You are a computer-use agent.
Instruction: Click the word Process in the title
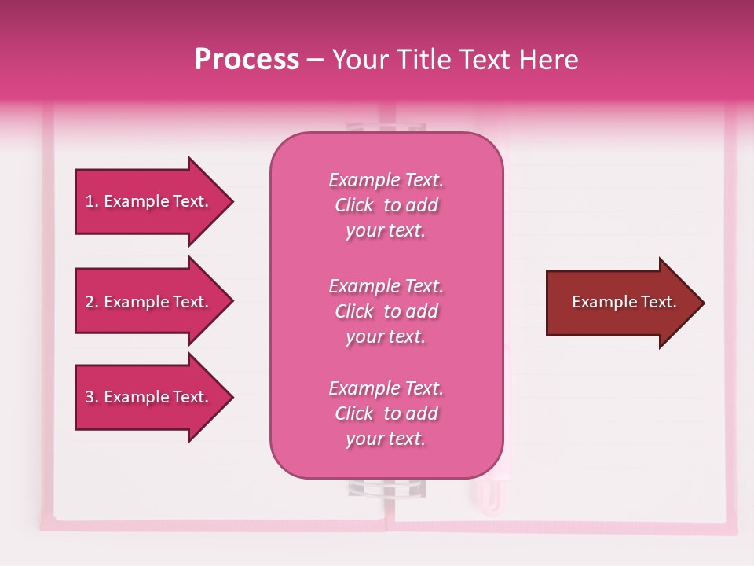247,60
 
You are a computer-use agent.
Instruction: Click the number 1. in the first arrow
92,201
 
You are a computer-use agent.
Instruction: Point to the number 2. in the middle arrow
92,302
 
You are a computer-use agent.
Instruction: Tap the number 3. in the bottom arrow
92,397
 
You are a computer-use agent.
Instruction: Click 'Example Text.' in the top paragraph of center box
386,180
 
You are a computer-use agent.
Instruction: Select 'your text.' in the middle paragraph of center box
386,336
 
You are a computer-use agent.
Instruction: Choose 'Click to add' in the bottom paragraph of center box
386,413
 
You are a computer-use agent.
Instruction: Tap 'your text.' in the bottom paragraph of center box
386,439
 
